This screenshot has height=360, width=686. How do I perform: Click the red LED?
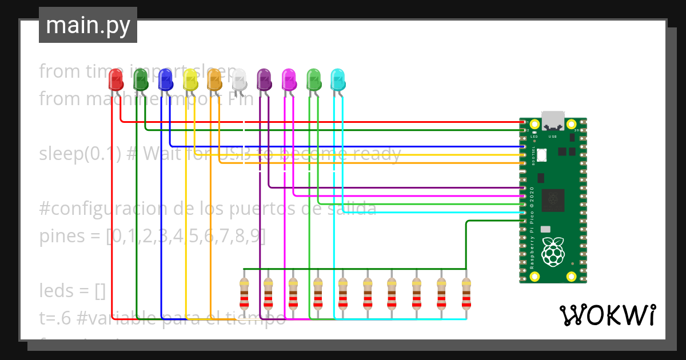pyautogui.click(x=116, y=80)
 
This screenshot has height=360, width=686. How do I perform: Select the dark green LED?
pyautogui.click(x=141, y=80)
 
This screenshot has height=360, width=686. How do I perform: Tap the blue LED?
pyautogui.click(x=165, y=80)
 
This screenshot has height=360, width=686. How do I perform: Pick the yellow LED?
pyautogui.click(x=190, y=80)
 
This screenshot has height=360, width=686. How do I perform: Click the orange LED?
pyautogui.click(x=214, y=80)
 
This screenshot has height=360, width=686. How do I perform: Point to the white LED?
pyautogui.click(x=240, y=80)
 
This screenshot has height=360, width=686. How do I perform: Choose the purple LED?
pyautogui.click(x=264, y=80)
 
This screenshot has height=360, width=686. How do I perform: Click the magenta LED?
pyautogui.click(x=289, y=80)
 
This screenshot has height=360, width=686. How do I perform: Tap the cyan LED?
pyautogui.click(x=338, y=80)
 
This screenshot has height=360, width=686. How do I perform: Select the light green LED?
pyautogui.click(x=314, y=80)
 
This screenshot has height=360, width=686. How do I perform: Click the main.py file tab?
pyautogui.click(x=87, y=25)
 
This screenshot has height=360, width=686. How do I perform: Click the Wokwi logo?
pyautogui.click(x=607, y=315)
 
